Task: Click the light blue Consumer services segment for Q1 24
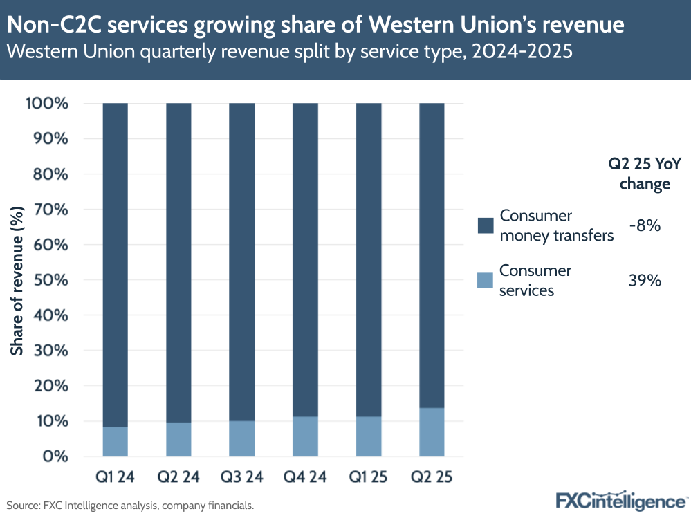coord(115,441)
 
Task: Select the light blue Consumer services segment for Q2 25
coord(432,432)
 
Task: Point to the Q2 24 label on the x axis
coord(178,477)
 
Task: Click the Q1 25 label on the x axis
coord(368,477)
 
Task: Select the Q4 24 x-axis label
coord(305,477)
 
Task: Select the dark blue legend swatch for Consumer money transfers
coord(486,225)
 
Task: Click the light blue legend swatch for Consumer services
coord(486,280)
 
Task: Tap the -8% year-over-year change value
coord(645,225)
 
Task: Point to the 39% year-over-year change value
coord(645,280)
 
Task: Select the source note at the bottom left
coord(130,506)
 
